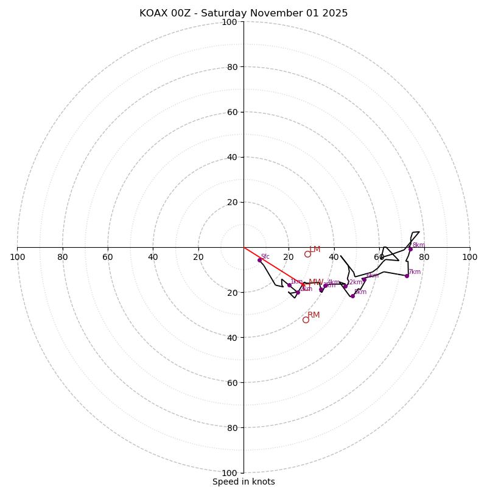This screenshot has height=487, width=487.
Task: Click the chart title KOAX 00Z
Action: (243, 13)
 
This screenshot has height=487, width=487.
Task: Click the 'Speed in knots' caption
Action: (243, 482)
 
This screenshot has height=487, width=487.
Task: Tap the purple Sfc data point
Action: (259, 260)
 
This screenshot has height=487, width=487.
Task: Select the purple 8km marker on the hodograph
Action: (410, 249)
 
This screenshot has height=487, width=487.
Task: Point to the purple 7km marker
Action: (407, 276)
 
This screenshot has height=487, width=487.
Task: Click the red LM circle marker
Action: (307, 254)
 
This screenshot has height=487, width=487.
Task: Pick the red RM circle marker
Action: (306, 320)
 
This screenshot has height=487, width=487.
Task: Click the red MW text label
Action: (315, 282)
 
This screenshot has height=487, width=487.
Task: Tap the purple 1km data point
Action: (289, 285)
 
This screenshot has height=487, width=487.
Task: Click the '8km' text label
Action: (419, 245)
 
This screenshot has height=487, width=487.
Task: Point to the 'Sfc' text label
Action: (265, 257)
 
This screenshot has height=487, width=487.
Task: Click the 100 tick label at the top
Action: (229, 22)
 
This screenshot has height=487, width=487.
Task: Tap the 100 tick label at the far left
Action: (18, 257)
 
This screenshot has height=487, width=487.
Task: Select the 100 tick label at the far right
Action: (469, 257)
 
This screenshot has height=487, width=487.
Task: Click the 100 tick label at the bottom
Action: (229, 473)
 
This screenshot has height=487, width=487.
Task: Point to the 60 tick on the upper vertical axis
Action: (231, 112)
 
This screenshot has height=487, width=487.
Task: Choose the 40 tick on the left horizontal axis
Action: (153, 257)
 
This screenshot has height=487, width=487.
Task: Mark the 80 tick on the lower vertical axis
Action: (231, 428)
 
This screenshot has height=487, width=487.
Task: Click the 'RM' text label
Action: (314, 315)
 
